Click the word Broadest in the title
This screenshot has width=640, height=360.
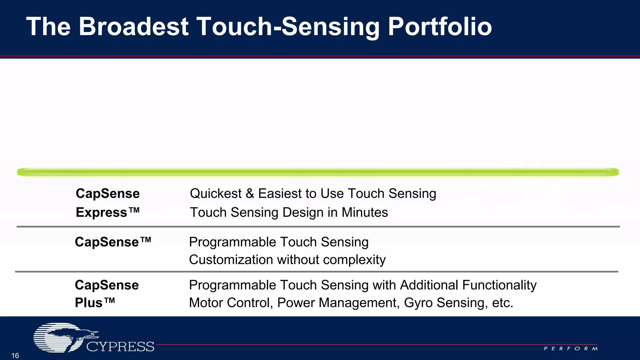[134, 27]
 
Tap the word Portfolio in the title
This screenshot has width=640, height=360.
[440, 27]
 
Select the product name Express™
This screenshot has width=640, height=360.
[107, 212]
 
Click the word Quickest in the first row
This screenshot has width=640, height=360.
[216, 193]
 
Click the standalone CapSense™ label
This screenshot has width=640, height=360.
[113, 242]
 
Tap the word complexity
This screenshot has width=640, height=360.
[354, 260]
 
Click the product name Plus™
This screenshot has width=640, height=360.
[95, 302]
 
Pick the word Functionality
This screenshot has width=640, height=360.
[499, 285]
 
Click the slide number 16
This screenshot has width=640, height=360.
[15, 356]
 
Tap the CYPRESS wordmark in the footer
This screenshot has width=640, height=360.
[120, 347]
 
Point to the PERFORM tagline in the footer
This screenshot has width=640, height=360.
[571, 348]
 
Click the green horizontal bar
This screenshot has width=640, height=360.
[317, 172]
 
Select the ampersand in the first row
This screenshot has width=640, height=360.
[250, 193]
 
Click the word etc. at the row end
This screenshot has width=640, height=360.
[502, 302]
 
